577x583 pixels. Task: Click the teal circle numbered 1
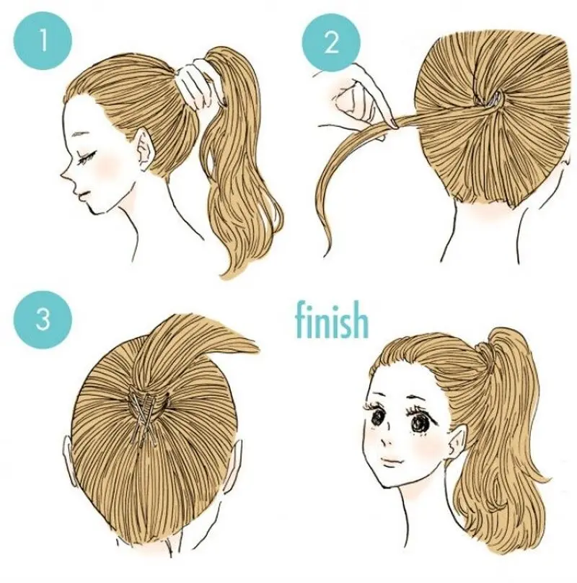click(42, 40)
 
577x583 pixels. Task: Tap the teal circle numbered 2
click(331, 41)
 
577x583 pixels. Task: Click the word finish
click(332, 320)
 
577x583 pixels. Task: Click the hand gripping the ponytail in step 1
click(196, 86)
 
